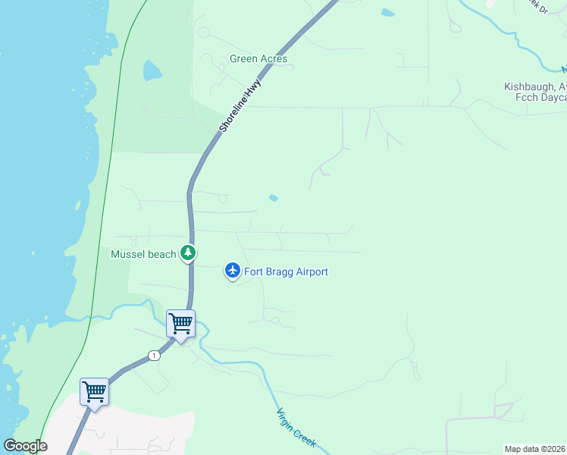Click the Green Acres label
(x=258, y=58)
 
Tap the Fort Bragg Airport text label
(x=286, y=271)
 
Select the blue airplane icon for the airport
(x=232, y=270)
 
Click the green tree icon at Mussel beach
(x=188, y=254)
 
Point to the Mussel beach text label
(x=143, y=255)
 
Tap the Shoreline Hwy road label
(x=240, y=105)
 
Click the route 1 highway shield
(x=154, y=356)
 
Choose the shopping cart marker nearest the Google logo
(x=94, y=392)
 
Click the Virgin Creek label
(x=296, y=428)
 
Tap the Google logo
(x=25, y=446)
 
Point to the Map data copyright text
(x=535, y=449)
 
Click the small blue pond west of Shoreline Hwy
(x=152, y=71)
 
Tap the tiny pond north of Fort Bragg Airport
(x=273, y=199)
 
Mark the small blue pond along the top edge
(x=387, y=13)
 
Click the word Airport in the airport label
(x=309, y=271)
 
